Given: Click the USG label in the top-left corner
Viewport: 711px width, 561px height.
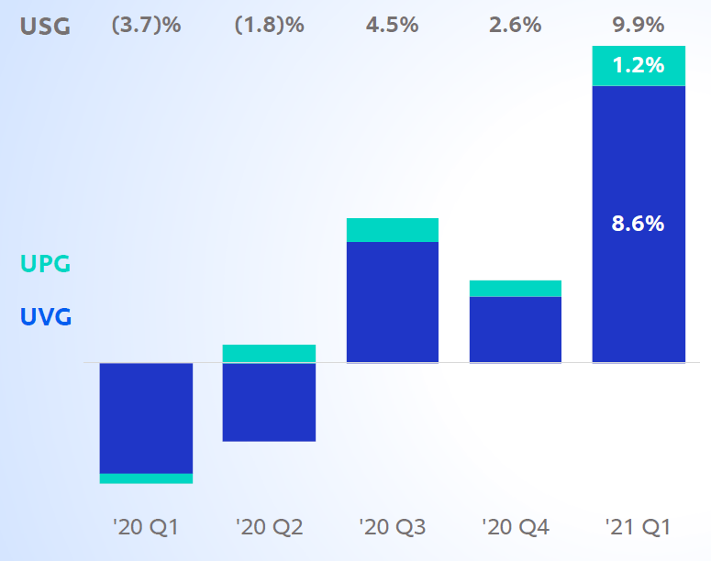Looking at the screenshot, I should tap(45, 26).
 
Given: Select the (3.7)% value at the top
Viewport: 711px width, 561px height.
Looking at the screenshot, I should tap(146, 26).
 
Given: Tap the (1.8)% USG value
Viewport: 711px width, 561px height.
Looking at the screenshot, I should tap(269, 26).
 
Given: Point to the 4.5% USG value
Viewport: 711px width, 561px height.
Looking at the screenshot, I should tap(392, 26).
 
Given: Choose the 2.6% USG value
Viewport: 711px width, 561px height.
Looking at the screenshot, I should tap(515, 26).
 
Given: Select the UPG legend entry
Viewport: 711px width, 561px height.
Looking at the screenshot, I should tap(45, 264).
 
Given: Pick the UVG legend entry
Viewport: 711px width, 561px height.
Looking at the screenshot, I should tap(45, 317).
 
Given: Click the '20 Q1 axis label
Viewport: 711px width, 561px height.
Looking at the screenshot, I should tap(146, 527).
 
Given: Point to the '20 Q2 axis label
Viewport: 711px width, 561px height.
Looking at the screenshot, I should tap(269, 527).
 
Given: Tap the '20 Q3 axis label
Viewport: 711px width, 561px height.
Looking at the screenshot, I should tap(392, 527).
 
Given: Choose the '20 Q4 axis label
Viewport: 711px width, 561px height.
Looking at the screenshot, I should tap(515, 527).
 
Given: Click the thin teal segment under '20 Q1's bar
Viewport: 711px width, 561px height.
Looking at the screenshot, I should tap(146, 478).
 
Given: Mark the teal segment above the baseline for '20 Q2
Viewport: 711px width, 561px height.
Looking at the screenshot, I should tap(269, 354).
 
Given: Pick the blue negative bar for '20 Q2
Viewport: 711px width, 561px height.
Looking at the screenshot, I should tap(269, 402).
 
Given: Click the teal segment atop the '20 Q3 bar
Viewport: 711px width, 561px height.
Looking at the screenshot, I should tap(392, 230).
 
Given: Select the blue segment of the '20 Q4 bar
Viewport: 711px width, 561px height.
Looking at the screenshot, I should tap(515, 330).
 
